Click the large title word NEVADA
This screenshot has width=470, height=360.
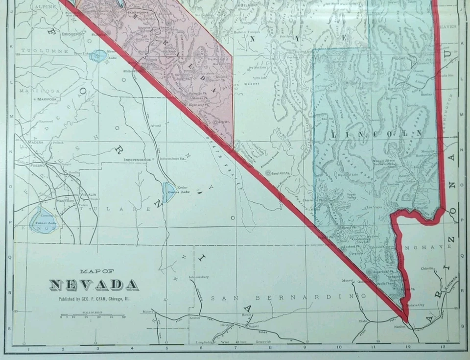click(94, 285)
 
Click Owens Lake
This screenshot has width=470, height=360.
click(168, 191)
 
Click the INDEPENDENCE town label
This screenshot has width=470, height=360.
click(138, 160)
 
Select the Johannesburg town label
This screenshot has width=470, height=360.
click(199, 277)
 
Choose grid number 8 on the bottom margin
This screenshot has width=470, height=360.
click(270, 349)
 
